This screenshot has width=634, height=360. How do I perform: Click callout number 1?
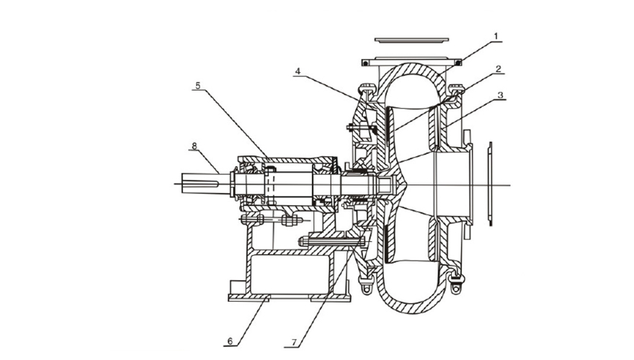[x=496, y=37]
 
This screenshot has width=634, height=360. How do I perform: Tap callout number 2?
[x=498, y=68]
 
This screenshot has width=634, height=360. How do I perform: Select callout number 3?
[x=500, y=95]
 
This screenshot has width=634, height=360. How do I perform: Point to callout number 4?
[x=298, y=71]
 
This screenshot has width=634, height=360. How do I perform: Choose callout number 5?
[x=197, y=86]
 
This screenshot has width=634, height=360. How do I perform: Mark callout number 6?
[x=230, y=341]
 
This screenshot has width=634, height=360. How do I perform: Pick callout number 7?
[x=294, y=342]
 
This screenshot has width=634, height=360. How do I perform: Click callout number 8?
[x=194, y=146]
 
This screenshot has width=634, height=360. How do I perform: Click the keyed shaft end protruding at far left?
[x=200, y=184]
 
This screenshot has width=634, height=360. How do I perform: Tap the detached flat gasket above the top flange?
[x=411, y=40]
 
